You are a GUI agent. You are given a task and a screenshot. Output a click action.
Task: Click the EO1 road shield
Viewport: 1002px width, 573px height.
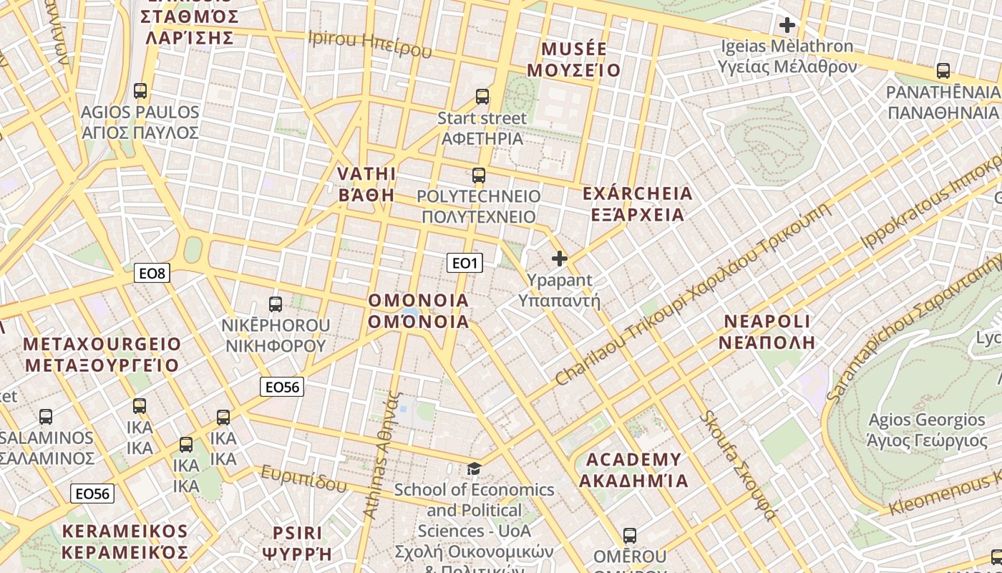tap(464, 263)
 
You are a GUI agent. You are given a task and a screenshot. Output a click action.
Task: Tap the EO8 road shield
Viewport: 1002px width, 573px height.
tap(152, 272)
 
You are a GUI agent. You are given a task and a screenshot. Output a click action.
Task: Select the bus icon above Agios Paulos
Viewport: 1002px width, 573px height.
tap(140, 91)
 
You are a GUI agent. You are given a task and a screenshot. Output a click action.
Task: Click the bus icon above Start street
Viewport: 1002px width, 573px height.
tap(482, 96)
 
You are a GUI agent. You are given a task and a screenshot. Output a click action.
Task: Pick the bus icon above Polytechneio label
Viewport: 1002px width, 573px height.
tap(478, 175)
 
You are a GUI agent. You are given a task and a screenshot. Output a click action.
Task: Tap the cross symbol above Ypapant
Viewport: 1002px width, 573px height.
tap(560, 259)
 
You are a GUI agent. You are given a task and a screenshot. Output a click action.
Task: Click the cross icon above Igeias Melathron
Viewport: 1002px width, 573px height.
tap(787, 25)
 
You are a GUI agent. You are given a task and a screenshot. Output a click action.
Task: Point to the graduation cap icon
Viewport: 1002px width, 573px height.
tap(474, 468)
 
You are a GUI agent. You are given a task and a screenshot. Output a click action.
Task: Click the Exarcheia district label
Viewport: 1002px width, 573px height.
tap(637, 204)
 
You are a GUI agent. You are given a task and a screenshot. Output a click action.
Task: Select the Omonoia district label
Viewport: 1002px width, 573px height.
tap(419, 311)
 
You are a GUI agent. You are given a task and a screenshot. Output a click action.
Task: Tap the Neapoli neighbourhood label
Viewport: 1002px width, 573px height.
tap(767, 331)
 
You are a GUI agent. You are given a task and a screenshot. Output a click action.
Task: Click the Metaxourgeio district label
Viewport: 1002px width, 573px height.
tap(102, 355)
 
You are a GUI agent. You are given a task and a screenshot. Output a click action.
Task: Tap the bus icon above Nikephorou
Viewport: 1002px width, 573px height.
tap(276, 304)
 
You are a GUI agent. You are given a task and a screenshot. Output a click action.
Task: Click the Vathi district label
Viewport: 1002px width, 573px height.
tap(366, 184)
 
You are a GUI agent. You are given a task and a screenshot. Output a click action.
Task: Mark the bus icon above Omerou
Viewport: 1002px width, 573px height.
tap(630, 535)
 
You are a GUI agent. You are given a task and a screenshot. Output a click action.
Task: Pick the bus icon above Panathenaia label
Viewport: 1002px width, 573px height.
tap(943, 71)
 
